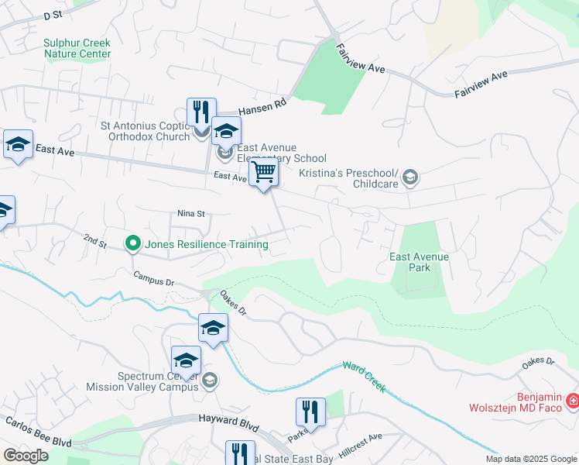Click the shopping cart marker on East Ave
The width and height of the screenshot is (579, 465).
click(264, 174)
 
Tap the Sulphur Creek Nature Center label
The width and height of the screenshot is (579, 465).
click(77, 49)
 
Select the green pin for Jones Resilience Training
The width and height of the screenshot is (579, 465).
click(132, 244)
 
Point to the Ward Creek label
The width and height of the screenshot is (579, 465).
click(364, 377)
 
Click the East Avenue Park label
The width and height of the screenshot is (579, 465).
click(420, 262)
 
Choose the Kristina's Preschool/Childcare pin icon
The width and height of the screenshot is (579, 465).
click(409, 177)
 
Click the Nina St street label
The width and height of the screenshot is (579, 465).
click(190, 213)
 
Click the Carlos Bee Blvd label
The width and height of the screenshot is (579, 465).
click(38, 432)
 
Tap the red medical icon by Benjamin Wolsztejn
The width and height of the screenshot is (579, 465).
click(572, 401)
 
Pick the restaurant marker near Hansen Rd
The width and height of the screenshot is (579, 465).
click(200, 112)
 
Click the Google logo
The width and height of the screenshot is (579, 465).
click(26, 455)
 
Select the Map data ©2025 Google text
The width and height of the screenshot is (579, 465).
click(530, 459)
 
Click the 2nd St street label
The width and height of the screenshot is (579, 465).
click(95, 242)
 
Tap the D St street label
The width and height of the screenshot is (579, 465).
click(53, 15)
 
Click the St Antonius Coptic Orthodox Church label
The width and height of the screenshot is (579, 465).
click(146, 131)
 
